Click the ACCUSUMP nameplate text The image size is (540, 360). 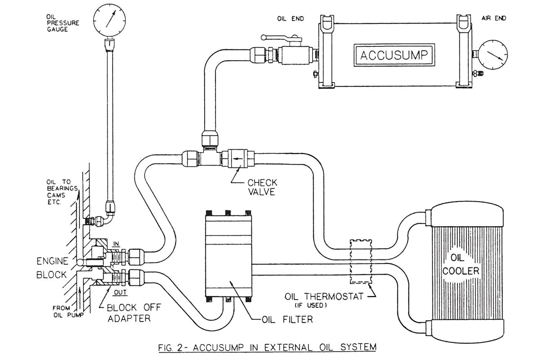(x=394, y=55)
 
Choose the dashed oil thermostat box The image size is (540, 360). (x=361, y=261)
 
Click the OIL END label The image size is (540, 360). (x=291, y=18)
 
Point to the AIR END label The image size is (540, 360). (x=493, y=18)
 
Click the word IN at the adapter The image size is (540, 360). (x=116, y=243)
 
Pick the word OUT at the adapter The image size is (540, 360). (x=120, y=292)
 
